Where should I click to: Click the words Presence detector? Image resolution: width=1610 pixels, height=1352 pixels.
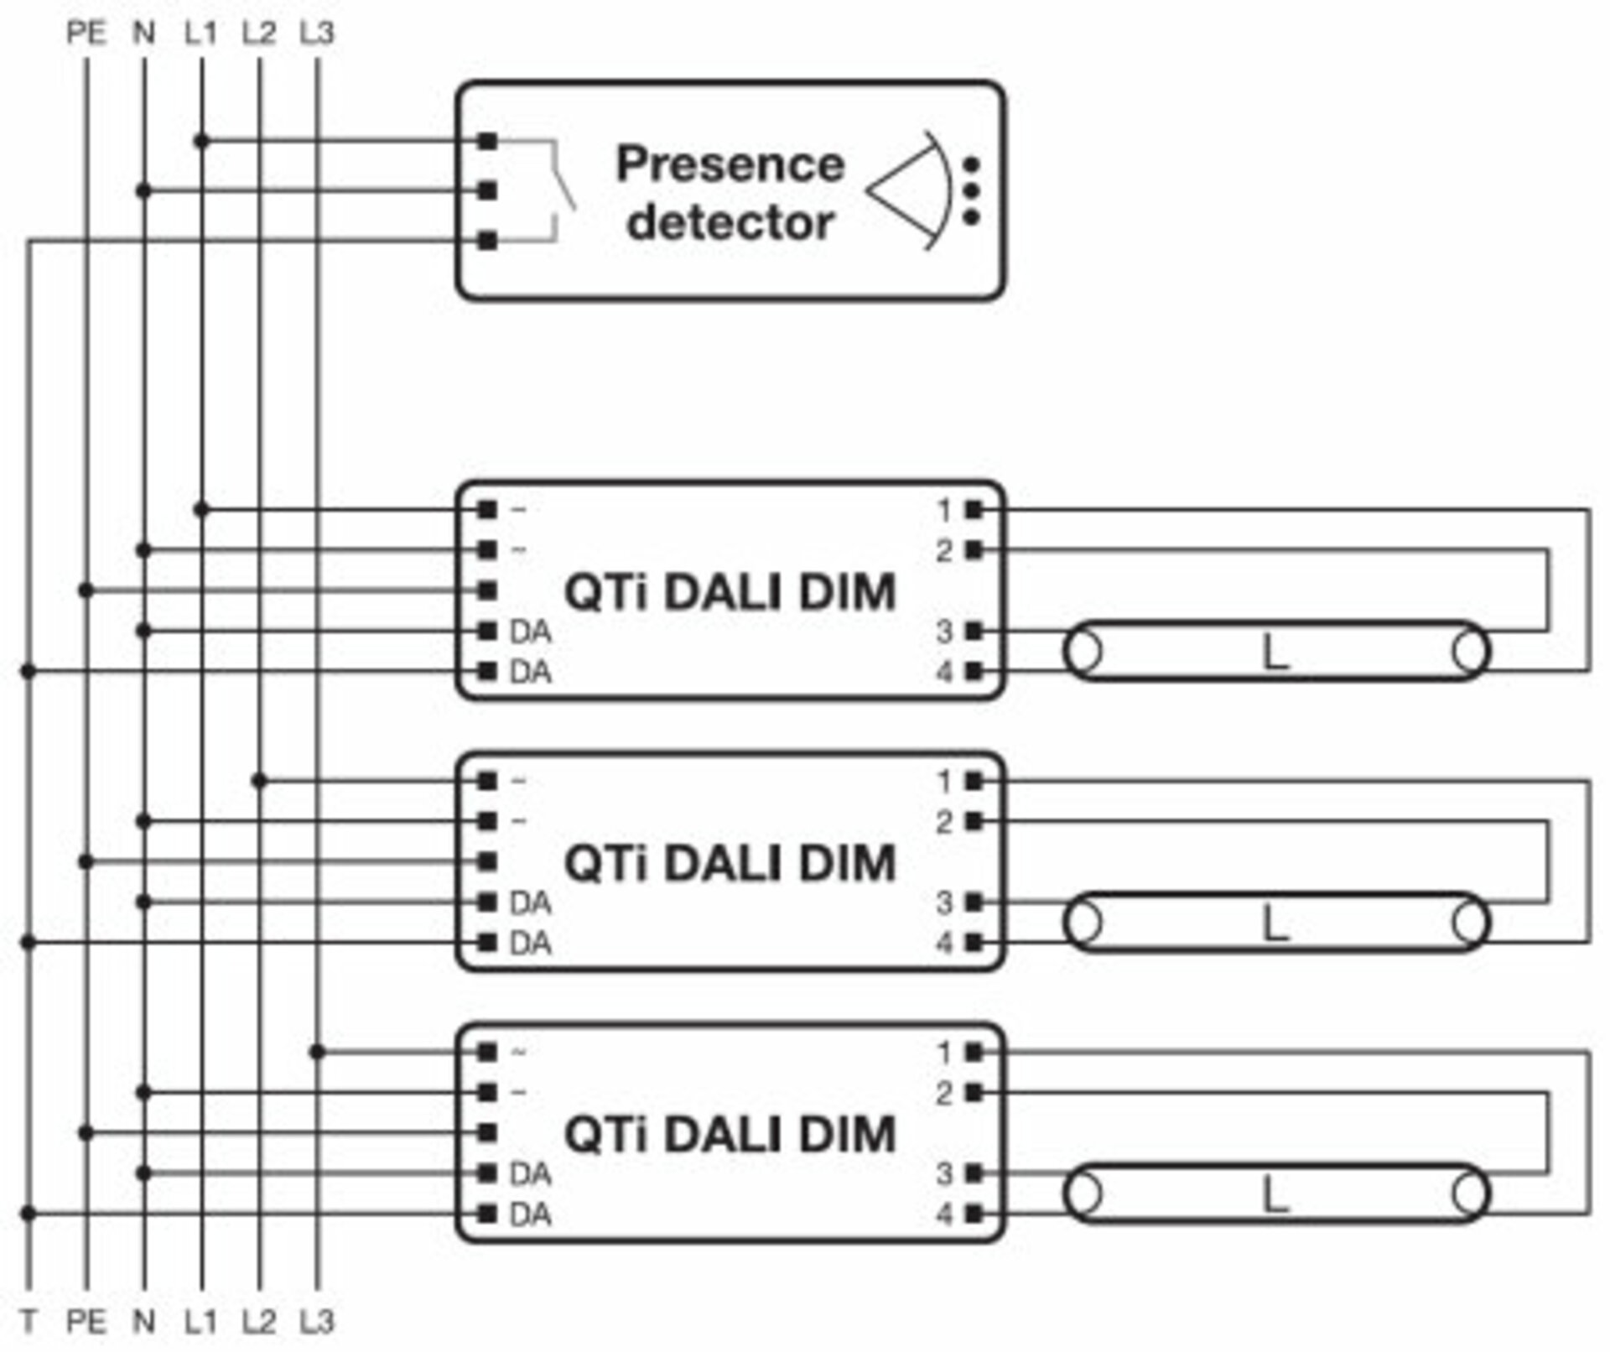coord(730,193)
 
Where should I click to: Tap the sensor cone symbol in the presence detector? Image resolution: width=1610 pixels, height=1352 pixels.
coord(910,191)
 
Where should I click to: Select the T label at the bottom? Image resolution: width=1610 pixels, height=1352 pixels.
coord(29,1323)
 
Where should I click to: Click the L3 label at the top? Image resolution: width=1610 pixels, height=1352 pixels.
coord(316,34)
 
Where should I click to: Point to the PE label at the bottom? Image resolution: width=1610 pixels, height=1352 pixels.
coord(86,1323)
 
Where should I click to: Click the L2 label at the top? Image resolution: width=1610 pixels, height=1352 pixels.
coord(258,34)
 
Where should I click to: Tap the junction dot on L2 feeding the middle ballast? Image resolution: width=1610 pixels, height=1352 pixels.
coord(259,782)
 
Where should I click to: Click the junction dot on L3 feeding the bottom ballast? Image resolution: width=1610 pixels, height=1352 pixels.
coord(317,1053)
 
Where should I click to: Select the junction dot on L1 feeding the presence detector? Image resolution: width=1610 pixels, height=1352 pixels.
coord(201,141)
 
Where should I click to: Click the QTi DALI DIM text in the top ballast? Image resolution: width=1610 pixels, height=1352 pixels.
coord(730,592)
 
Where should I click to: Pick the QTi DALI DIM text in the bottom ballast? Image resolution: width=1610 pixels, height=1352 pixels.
coord(730,1135)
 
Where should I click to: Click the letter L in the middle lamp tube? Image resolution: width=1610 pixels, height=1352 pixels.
coord(1275,924)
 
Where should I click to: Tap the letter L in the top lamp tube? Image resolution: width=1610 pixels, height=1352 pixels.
coord(1275,653)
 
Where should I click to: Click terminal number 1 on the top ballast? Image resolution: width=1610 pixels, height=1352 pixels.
coord(944,510)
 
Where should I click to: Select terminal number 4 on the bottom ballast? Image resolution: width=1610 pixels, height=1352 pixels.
coord(944,1214)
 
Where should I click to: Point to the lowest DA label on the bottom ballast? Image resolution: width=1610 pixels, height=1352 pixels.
coord(530,1214)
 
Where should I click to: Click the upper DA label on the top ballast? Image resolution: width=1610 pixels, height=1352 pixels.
coord(530,632)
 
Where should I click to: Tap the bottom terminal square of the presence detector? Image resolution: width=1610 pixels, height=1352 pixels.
coord(487,242)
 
